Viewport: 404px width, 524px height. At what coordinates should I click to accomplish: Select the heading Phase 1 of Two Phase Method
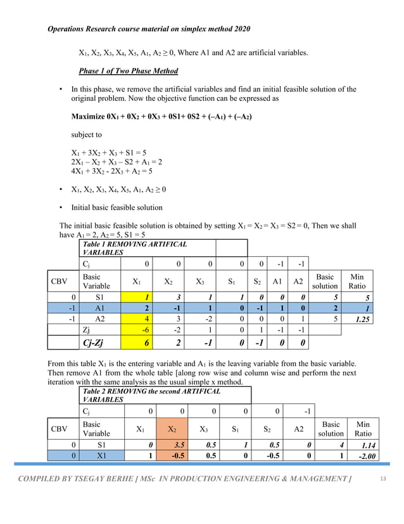tap(128, 70)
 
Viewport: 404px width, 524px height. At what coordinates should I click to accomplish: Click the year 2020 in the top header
tap(240, 29)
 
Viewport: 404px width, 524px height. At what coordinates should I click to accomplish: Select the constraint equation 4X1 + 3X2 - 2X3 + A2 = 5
tap(111, 171)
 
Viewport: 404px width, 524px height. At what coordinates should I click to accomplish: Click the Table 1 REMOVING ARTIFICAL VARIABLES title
tap(135, 248)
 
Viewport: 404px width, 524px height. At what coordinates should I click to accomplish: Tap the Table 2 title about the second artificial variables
tap(152, 395)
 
